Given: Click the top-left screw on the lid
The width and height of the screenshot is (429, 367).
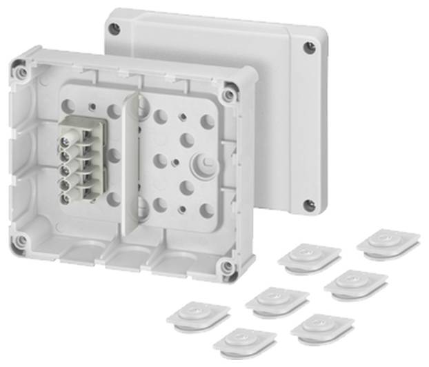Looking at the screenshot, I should (x=115, y=28).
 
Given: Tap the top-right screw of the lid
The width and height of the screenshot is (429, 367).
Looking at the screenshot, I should (x=310, y=47).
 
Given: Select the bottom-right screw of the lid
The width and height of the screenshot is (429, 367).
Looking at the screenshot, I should (x=310, y=205).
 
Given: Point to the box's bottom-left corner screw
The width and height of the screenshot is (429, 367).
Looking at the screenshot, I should (x=22, y=241).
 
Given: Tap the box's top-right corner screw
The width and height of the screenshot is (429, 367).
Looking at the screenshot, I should (x=228, y=94).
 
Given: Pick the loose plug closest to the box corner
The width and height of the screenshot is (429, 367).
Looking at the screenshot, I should (x=309, y=257).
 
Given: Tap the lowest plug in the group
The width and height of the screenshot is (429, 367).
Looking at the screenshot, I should (x=244, y=340).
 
